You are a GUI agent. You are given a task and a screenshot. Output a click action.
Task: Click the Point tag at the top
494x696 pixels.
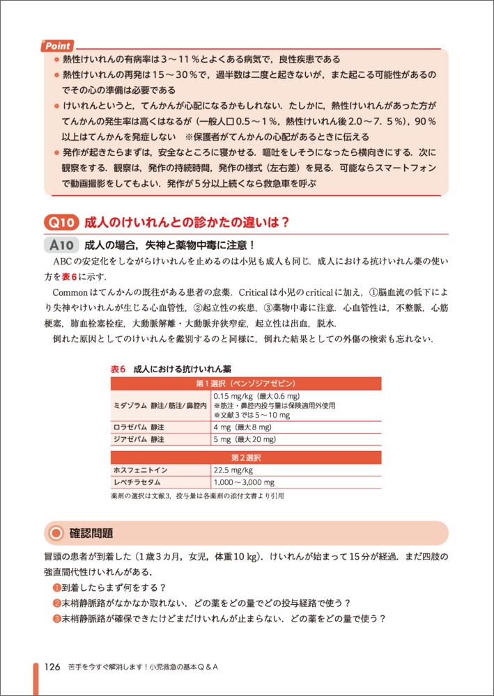(59, 46)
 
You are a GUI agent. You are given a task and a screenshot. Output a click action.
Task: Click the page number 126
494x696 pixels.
(55, 666)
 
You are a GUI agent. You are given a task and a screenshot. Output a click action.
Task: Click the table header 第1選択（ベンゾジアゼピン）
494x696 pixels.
(246, 383)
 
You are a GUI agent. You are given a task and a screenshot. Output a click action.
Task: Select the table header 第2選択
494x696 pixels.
(246, 457)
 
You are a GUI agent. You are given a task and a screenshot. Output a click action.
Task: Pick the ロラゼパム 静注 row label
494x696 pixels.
(139, 427)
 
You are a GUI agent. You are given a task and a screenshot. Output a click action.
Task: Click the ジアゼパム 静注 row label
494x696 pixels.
(139, 440)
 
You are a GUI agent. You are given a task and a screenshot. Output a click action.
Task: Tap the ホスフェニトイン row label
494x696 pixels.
(140, 470)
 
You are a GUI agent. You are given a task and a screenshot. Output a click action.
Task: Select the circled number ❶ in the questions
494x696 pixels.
(57, 587)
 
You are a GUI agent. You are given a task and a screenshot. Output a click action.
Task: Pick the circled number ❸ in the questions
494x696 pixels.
(57, 619)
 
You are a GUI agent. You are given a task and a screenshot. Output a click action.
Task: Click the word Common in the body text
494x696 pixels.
(73, 293)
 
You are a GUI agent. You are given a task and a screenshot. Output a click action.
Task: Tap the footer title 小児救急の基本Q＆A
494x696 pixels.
(179, 667)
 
